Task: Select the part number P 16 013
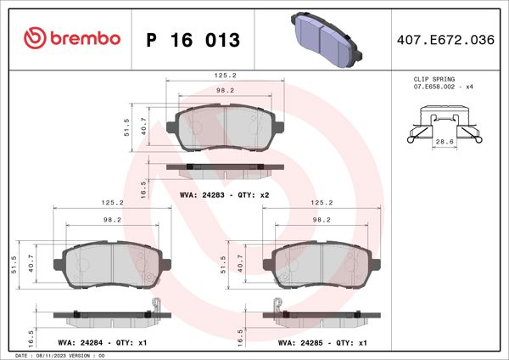click(x=193, y=40)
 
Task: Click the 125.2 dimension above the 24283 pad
click(x=225, y=75)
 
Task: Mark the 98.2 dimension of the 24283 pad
click(x=225, y=90)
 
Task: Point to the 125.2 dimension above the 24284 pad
click(x=113, y=203)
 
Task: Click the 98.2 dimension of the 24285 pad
click(x=322, y=219)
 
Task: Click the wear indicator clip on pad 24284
click(x=156, y=306)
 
